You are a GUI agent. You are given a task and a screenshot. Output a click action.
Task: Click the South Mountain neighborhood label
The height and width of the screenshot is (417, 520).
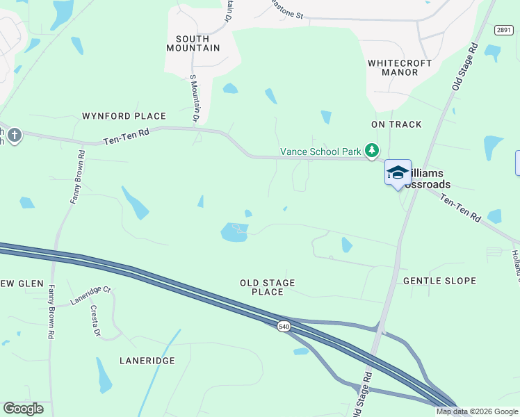(193, 43)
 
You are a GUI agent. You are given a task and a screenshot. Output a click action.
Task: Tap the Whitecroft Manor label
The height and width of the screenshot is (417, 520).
(399, 67)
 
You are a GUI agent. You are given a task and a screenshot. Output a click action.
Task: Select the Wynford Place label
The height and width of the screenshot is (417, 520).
(124, 116)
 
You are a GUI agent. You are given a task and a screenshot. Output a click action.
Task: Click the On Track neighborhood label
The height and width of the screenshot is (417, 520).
(396, 124)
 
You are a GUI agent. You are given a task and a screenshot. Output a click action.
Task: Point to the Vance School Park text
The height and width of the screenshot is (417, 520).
(320, 152)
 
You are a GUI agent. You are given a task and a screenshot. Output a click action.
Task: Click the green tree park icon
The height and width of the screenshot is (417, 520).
(373, 150)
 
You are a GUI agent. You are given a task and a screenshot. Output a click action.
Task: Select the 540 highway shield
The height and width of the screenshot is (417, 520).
(283, 327)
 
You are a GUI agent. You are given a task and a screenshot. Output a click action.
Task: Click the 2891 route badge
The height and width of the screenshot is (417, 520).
(504, 29)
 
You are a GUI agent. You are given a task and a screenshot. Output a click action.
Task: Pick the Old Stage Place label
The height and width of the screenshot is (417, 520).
(268, 287)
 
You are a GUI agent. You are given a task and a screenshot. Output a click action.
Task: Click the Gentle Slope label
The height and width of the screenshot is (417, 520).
(439, 281)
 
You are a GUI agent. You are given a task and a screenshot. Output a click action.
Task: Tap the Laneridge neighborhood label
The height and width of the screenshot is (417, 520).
(147, 361)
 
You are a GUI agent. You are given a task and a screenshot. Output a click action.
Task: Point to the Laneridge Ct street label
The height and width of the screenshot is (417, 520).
(90, 296)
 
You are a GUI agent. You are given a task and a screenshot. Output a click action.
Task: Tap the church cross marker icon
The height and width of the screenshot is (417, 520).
(13, 134)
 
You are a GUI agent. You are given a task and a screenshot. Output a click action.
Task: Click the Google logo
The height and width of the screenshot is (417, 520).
(23, 409)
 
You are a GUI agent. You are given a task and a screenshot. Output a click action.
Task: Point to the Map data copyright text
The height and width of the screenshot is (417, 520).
(477, 411)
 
